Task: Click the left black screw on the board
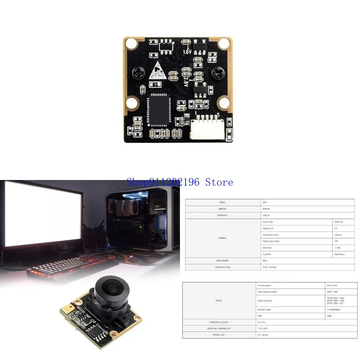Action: tap(137, 73)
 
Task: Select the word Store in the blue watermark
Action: tap(219, 182)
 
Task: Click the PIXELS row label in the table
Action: tap(222, 202)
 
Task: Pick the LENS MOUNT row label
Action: tap(222, 261)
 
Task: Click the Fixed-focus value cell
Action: tap(339, 254)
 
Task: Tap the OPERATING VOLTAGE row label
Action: tap(219, 322)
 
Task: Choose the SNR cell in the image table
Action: tap(261, 316)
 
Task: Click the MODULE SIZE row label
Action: tap(219, 335)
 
